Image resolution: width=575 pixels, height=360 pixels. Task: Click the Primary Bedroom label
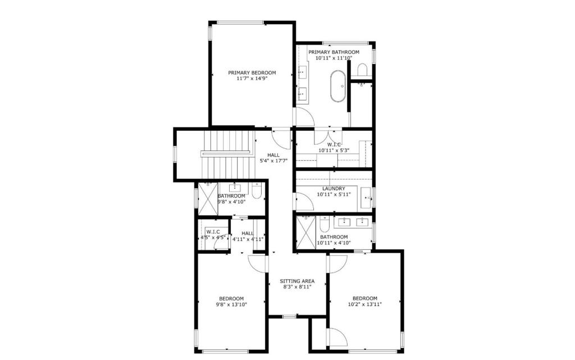[x=252, y=72]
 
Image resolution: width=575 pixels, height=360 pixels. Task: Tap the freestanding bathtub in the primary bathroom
[x=337, y=86]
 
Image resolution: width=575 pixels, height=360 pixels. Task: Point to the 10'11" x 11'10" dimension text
[x=334, y=58]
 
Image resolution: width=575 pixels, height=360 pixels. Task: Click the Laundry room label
[x=334, y=189]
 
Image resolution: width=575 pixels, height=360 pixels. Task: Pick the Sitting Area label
[x=297, y=281]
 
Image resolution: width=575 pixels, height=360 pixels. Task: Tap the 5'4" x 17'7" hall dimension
[x=273, y=161]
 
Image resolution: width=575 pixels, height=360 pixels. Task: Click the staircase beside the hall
[x=227, y=154]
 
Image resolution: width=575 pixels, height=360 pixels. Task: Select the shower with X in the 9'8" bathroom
[x=208, y=198]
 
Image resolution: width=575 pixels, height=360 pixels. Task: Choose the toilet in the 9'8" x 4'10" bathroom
[x=257, y=190]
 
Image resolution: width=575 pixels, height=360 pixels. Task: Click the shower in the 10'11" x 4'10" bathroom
[x=306, y=233]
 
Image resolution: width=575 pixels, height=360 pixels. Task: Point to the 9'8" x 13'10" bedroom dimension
[x=231, y=304]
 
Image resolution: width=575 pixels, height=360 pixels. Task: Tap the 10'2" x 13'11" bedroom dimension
[x=365, y=304]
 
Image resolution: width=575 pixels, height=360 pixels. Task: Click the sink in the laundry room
[x=366, y=197]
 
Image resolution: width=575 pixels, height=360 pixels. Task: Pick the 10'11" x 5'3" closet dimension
[x=334, y=151]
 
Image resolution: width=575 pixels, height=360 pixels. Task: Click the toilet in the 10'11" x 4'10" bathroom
[x=325, y=224]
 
